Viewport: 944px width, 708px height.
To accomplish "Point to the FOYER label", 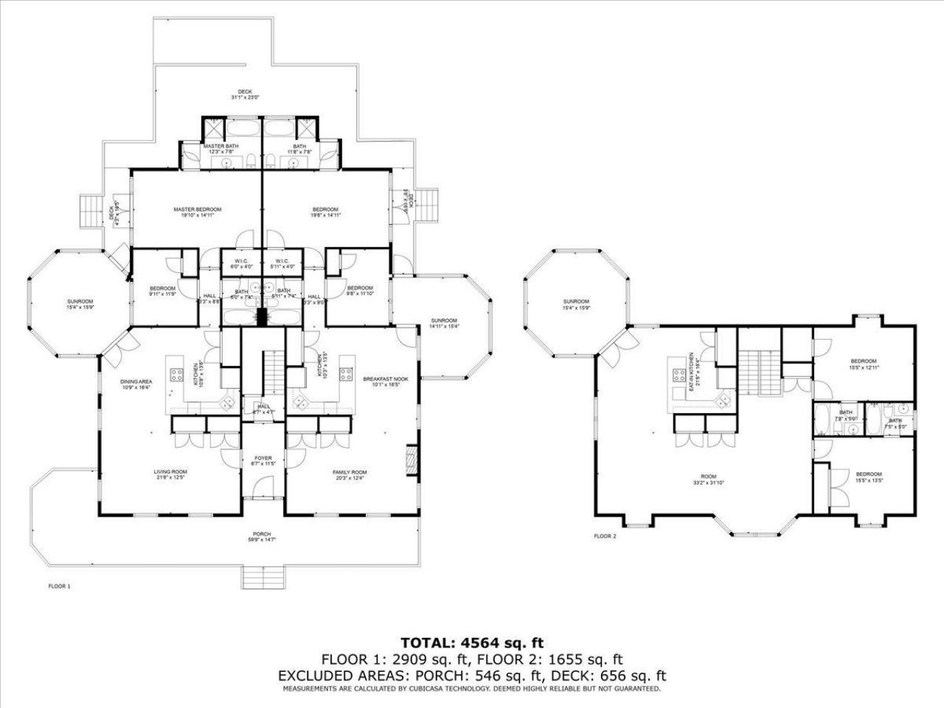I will (x=263, y=461).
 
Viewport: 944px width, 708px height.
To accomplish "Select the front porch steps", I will (x=263, y=577).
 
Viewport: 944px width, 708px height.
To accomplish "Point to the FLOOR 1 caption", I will (x=59, y=586).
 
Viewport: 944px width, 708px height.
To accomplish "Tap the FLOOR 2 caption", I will (x=605, y=536).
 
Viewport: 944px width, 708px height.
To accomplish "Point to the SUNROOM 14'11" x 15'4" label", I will (x=445, y=323).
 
